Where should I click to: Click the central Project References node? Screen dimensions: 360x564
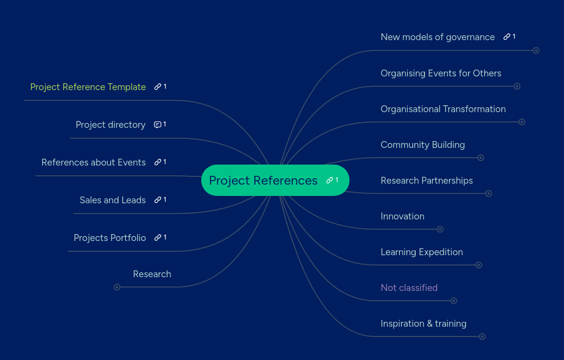(x=263, y=180)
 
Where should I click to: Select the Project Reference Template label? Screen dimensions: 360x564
(x=88, y=87)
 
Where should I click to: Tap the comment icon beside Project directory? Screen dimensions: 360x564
(x=158, y=124)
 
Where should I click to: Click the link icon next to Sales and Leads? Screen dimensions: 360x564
(x=158, y=200)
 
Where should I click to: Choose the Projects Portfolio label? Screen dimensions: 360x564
(x=110, y=238)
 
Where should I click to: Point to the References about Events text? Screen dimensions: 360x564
(x=94, y=162)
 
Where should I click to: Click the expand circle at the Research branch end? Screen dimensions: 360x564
(x=117, y=287)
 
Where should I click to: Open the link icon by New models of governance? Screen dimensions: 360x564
(x=507, y=37)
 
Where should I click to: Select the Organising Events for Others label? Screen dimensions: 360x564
(x=441, y=73)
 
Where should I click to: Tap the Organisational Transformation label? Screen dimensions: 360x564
(x=443, y=109)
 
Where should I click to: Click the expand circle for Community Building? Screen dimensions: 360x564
(x=481, y=158)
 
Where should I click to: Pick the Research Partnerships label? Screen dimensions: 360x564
(x=426, y=180)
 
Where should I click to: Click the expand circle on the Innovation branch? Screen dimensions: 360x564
(x=440, y=229)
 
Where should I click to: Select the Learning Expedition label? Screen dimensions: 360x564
(x=422, y=252)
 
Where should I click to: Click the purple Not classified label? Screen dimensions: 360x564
(x=409, y=288)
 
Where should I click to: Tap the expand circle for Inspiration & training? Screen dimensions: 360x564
(x=482, y=336)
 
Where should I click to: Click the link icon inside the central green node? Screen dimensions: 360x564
(x=329, y=180)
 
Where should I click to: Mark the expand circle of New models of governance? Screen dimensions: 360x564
(x=536, y=50)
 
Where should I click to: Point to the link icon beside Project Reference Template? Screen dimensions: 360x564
(x=158, y=87)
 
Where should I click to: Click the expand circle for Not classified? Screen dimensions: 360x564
(x=454, y=301)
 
